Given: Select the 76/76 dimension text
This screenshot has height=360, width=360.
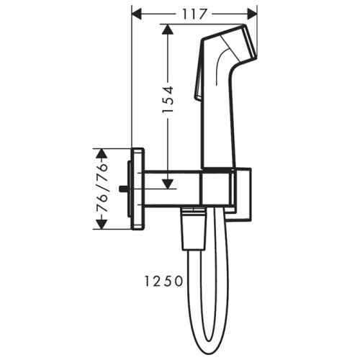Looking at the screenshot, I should pyautogui.click(x=102, y=189).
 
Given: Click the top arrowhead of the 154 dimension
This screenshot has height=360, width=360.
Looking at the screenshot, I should pyautogui.click(x=168, y=29).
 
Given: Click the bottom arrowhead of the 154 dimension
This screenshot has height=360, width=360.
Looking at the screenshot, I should pyautogui.click(x=168, y=184).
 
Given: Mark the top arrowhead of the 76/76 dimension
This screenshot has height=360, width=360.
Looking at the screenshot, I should pyautogui.click(x=102, y=152).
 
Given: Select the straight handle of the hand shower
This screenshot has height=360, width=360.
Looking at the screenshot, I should pyautogui.click(x=217, y=122).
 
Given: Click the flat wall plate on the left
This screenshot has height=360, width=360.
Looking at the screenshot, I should pyautogui.click(x=138, y=189).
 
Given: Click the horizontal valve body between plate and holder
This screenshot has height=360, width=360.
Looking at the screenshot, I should pyautogui.click(x=173, y=189).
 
